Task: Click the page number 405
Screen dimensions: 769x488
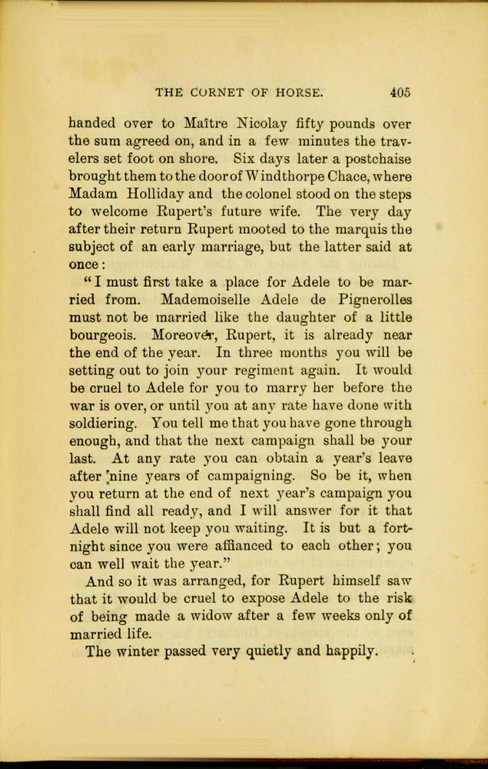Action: tap(400, 92)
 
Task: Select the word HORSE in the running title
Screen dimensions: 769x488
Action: tap(298, 92)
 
